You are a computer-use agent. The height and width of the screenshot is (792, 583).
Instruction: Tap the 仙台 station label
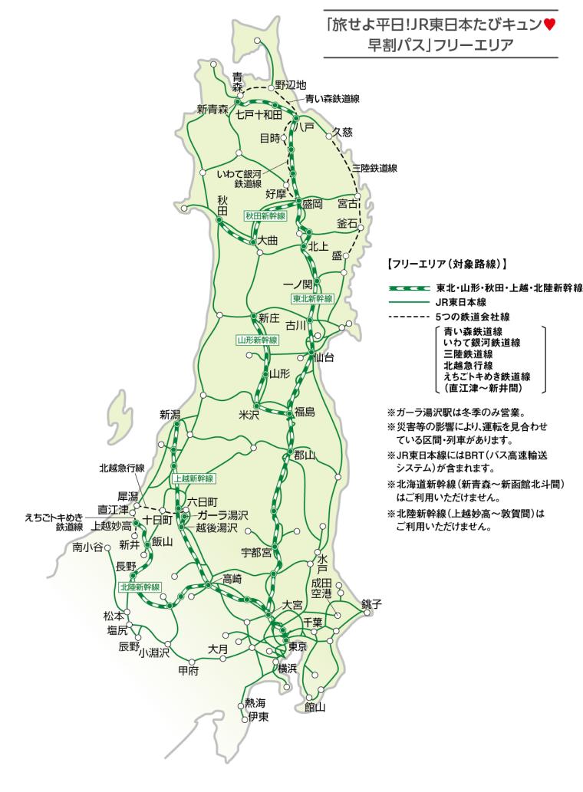coord(324,357)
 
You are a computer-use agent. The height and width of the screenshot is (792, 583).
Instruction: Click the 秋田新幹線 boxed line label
coord(265,216)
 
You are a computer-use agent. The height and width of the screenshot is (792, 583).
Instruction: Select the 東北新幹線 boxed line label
coord(312,297)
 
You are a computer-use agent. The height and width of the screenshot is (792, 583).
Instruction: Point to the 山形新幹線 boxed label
coord(257,339)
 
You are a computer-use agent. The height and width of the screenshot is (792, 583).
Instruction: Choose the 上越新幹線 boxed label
coord(193,478)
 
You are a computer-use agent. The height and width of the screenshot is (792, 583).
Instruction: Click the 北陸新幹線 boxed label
coord(140,587)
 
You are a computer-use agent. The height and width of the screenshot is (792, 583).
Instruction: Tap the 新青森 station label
coord(212,109)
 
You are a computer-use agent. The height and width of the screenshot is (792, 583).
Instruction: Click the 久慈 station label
coord(342,132)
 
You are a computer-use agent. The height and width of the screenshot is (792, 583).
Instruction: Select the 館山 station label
coord(315,707)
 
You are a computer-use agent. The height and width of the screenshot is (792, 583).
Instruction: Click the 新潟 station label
coord(170,415)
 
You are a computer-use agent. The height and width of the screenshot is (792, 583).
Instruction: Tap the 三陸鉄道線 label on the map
coord(375,167)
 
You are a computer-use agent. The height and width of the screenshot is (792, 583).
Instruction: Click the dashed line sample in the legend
coord(404,316)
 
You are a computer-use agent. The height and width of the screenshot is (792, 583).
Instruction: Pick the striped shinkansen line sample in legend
coord(404,288)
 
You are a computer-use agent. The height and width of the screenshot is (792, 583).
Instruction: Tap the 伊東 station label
coord(258,717)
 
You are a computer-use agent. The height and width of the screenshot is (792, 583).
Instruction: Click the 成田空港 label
coord(321,588)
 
